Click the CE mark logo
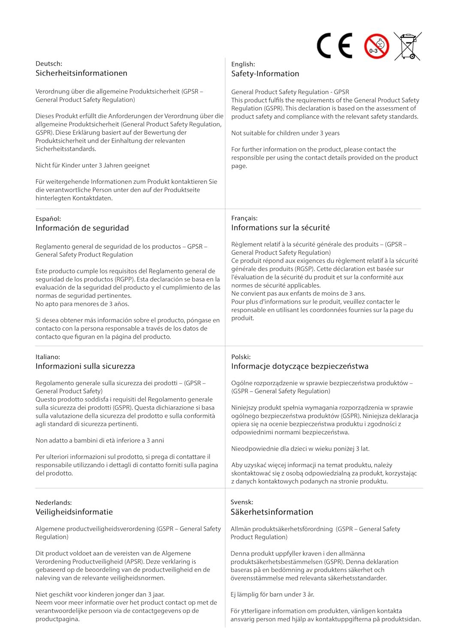pos(334,45)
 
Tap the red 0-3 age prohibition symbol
pos(377,46)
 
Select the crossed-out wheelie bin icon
pos(407,46)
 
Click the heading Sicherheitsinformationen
pos(81,73)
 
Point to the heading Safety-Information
pos(265,74)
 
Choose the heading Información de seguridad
pos(82,228)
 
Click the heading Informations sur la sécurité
pos(280,228)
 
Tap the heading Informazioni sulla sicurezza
pos(85,367)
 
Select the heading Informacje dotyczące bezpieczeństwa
pos(300,367)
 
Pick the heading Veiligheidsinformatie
pos(74,512)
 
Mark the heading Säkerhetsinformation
pos(272,512)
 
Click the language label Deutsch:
pos(49,64)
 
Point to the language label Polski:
pos(241,357)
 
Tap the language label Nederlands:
pos(54,502)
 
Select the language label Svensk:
pos(242,502)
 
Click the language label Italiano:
pos(48,357)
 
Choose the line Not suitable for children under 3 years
pos(285,133)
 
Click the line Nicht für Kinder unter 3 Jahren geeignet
pos(93,165)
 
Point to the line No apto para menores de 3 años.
pos(82,304)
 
